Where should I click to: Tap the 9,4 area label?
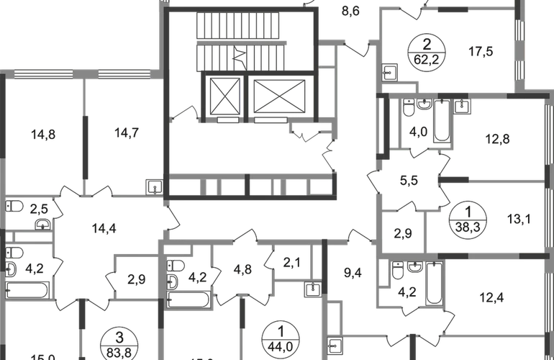pyautogui.click(x=353, y=273)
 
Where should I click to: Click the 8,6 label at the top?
pyautogui.click(x=350, y=10)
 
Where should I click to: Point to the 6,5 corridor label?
pyautogui.click(x=409, y=181)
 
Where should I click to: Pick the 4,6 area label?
pyautogui.click(x=243, y=271)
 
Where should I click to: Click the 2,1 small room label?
pyautogui.click(x=290, y=264)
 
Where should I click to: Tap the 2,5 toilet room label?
pyautogui.click(x=41, y=210)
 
